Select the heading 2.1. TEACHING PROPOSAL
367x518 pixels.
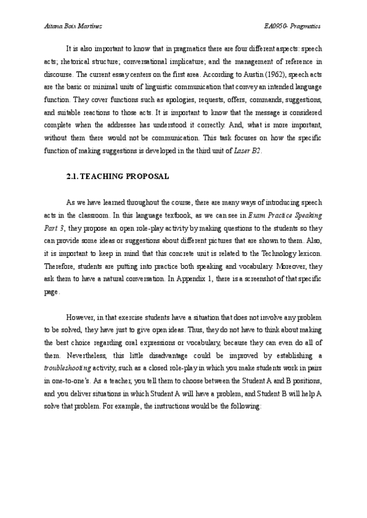117,177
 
